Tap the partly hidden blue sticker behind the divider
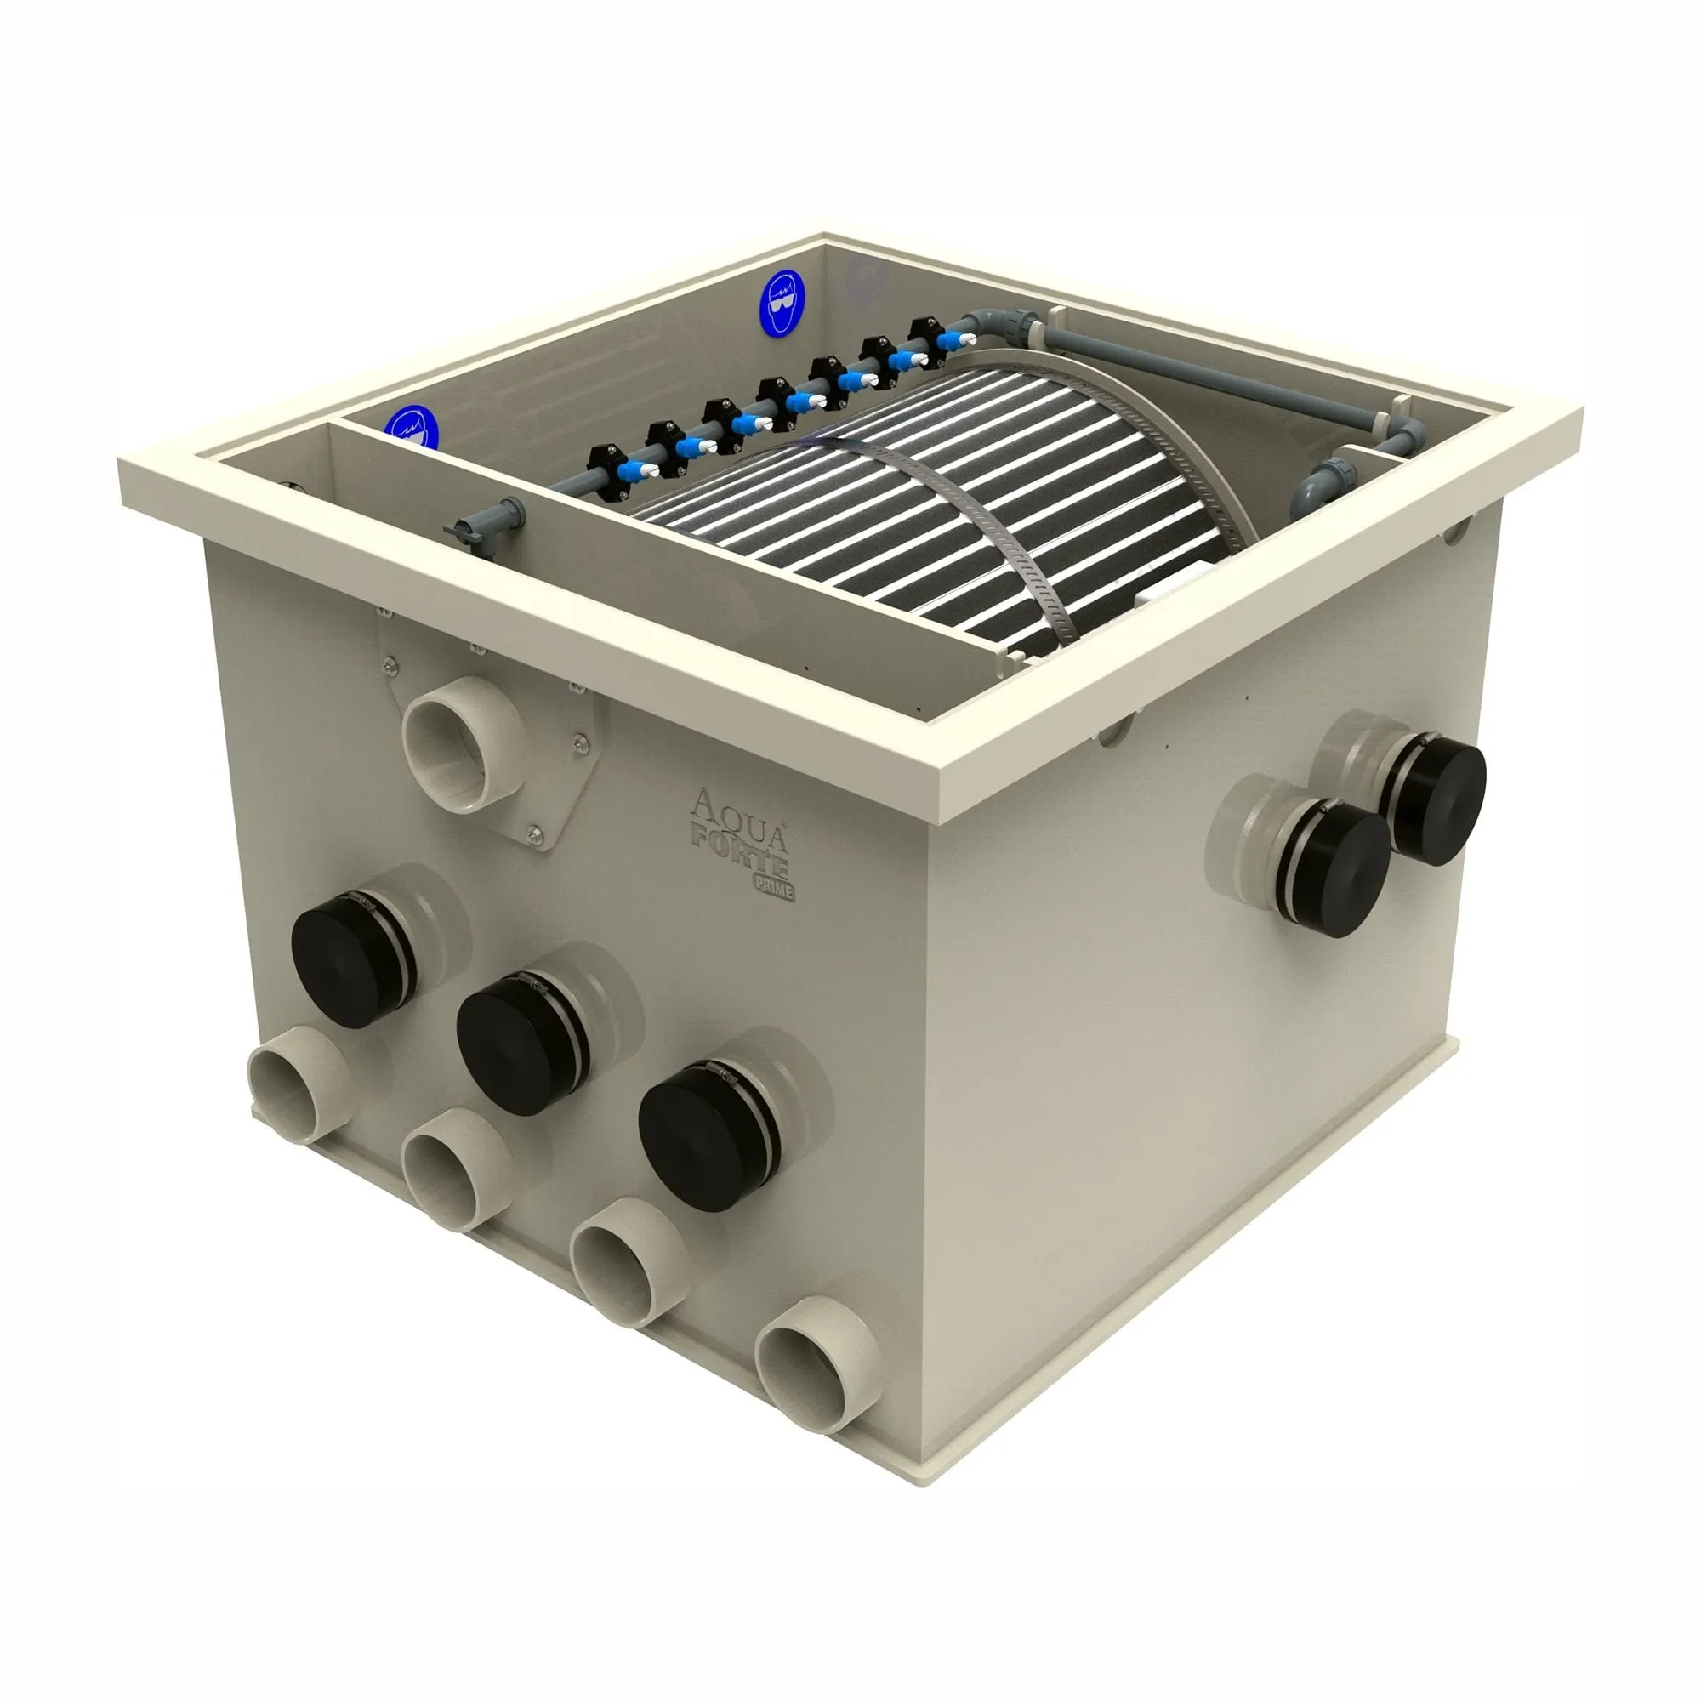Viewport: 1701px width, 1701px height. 411,428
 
